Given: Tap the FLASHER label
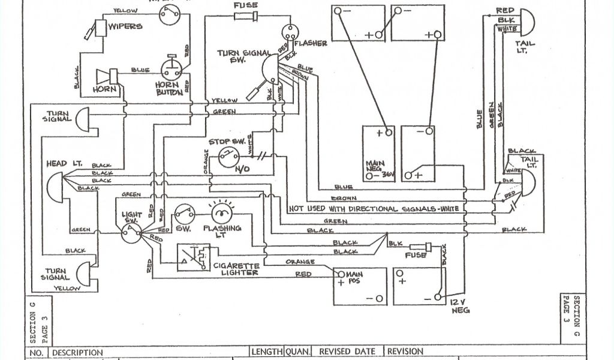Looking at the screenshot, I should click(312, 43).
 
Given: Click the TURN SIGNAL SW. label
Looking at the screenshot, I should click(244, 57).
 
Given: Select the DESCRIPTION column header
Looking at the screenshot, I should click(78, 352).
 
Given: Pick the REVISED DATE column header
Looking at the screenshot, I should click(348, 352).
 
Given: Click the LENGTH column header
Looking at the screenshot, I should click(266, 352).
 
